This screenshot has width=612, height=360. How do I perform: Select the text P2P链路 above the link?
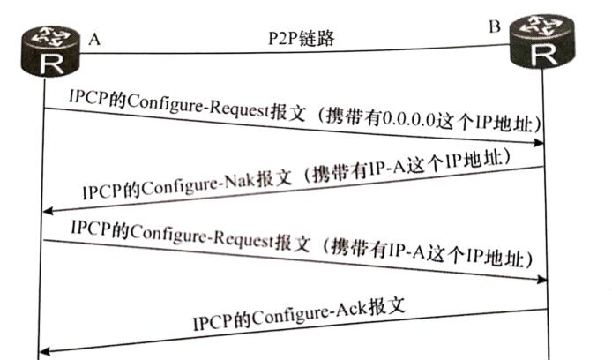coord(300,37)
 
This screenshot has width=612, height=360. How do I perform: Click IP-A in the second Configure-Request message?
coord(400,254)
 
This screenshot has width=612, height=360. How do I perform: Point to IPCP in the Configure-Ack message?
coord(213,321)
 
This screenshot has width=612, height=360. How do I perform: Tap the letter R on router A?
coord(45,61)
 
